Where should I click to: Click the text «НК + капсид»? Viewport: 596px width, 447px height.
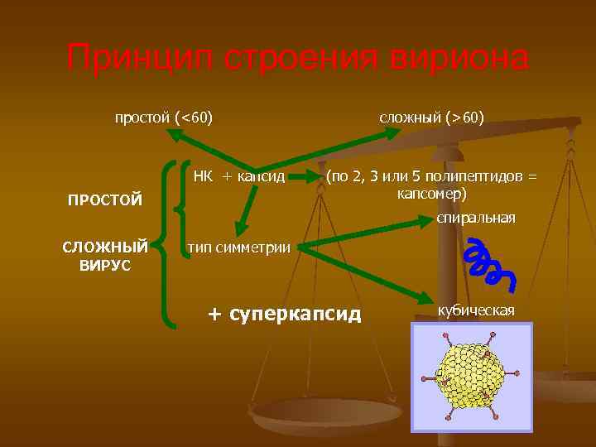coord(239,176)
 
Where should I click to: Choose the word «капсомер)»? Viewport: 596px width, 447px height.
coord(432,194)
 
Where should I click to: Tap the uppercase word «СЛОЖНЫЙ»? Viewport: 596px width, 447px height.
coord(105,248)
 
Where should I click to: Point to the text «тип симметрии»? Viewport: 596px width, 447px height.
coord(238,247)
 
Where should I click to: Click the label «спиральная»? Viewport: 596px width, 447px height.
coord(476,218)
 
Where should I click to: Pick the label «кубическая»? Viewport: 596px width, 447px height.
coord(476,310)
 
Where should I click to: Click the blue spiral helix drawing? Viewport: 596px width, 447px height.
coord(488,264)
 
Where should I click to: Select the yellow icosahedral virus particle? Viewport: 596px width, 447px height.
coord(470,370)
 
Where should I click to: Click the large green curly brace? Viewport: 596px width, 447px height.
coord(171,244)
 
